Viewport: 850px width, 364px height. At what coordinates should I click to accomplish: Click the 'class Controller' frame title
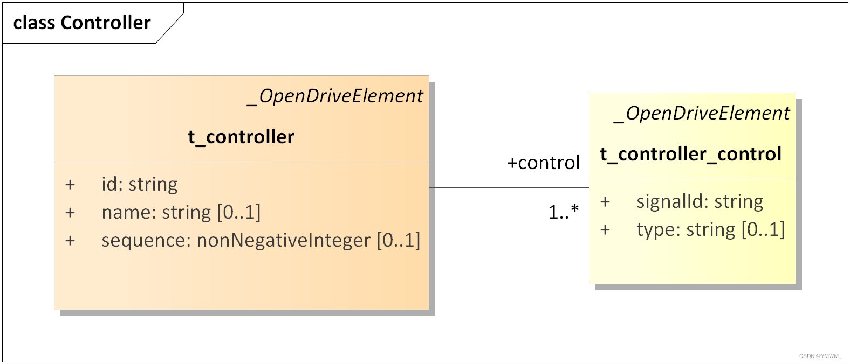tap(82, 23)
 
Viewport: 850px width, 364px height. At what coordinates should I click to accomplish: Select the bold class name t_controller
tap(241, 137)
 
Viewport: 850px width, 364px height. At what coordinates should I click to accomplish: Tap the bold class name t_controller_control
tap(690, 154)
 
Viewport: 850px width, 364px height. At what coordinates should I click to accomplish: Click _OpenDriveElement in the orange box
tap(335, 96)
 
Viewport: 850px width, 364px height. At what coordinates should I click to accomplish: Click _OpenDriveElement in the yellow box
tap(702, 113)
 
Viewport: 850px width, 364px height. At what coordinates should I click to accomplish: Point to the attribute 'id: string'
tap(139, 184)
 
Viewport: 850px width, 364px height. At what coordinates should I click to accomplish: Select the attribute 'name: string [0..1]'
tap(181, 212)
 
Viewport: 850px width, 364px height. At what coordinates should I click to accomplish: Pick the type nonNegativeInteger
tap(283, 240)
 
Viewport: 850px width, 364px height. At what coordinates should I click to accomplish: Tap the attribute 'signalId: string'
tap(700, 201)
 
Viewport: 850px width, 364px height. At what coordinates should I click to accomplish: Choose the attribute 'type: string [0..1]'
tap(710, 229)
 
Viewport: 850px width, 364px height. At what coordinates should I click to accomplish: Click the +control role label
tap(543, 163)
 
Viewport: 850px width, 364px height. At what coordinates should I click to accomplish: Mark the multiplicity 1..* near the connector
tap(563, 212)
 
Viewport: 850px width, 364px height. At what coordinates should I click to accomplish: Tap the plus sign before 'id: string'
tap(70, 185)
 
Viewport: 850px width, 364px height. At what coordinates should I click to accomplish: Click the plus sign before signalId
tap(605, 202)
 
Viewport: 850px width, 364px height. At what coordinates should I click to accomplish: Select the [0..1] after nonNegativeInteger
tap(398, 240)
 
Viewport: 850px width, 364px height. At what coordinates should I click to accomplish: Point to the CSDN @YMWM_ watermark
tap(820, 356)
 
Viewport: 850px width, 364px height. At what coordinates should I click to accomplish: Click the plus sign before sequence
tap(70, 241)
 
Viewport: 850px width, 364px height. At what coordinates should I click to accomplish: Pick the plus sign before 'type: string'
tap(605, 230)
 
